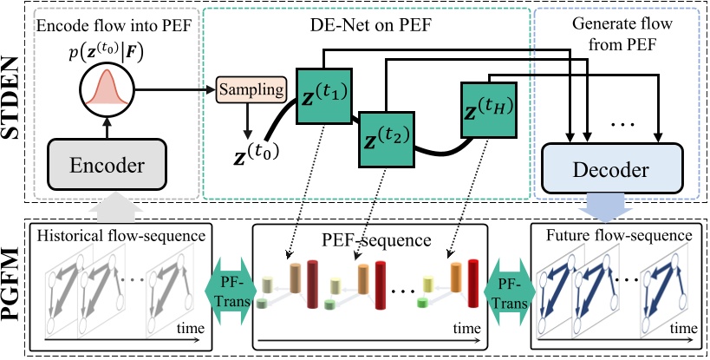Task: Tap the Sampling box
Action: point(251,88)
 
